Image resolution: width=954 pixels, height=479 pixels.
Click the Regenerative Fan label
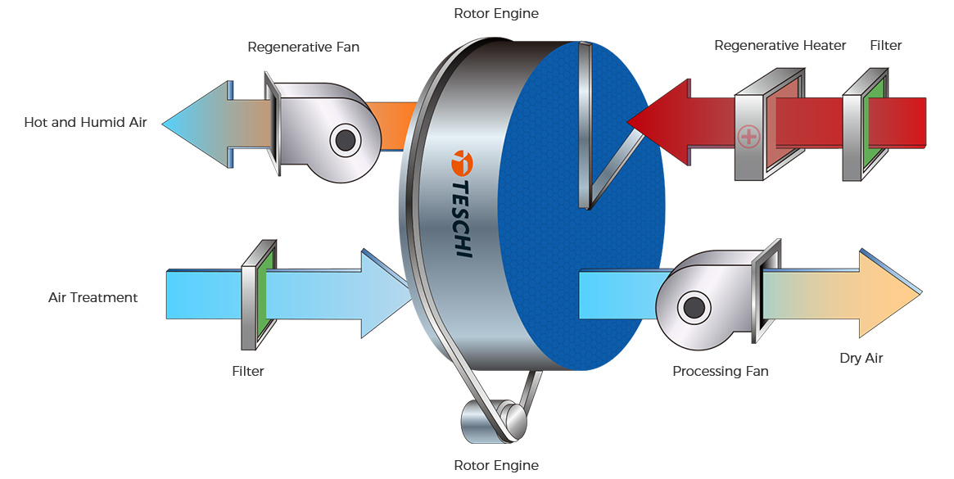(x=303, y=47)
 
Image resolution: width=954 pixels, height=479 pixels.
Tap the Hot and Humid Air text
(x=86, y=124)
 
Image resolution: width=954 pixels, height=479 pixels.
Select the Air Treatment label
(x=93, y=297)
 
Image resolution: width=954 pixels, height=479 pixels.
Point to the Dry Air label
(x=861, y=359)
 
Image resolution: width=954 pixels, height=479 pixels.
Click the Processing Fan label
(x=720, y=371)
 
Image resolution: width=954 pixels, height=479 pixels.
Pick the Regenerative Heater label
(x=780, y=46)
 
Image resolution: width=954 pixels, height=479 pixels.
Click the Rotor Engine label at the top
(x=496, y=13)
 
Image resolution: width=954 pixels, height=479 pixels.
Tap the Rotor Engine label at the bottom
(x=496, y=466)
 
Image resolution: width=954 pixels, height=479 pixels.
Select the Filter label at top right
(x=885, y=46)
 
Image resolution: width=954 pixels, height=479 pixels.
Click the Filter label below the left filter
(x=248, y=371)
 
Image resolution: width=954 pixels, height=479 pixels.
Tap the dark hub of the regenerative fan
(x=346, y=141)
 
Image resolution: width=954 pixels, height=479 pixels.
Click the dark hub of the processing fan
(x=693, y=307)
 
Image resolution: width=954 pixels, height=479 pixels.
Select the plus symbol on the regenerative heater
(x=748, y=136)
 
